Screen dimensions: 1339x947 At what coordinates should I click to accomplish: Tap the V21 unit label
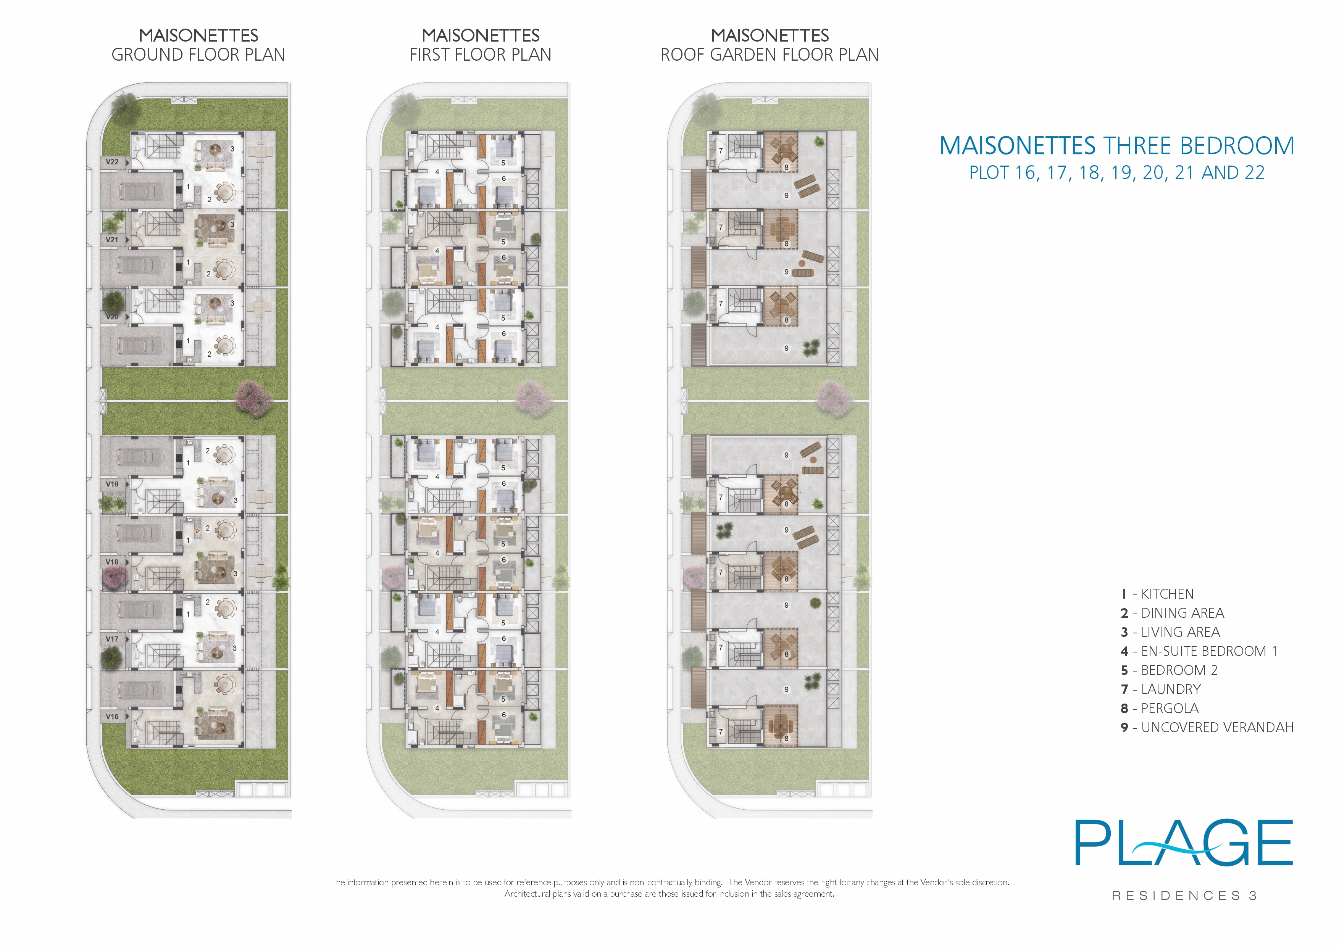tap(112, 240)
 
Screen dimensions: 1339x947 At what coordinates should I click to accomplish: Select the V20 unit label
tap(112, 317)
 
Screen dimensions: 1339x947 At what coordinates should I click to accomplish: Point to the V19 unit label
tap(112, 484)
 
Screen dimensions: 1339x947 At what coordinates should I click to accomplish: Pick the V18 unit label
tap(112, 562)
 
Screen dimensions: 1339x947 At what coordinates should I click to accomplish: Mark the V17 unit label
tap(112, 639)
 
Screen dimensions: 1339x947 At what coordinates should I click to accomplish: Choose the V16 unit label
tap(112, 717)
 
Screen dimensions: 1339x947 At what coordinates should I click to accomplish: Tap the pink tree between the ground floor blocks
tap(254, 399)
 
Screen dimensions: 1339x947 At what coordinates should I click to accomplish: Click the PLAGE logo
tap(1184, 843)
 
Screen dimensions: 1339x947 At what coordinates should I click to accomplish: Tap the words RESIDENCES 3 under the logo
tap(1184, 896)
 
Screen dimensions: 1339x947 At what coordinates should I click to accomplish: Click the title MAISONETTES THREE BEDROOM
tap(1117, 146)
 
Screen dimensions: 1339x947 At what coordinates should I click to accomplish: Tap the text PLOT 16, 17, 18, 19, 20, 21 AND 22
tap(1117, 172)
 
